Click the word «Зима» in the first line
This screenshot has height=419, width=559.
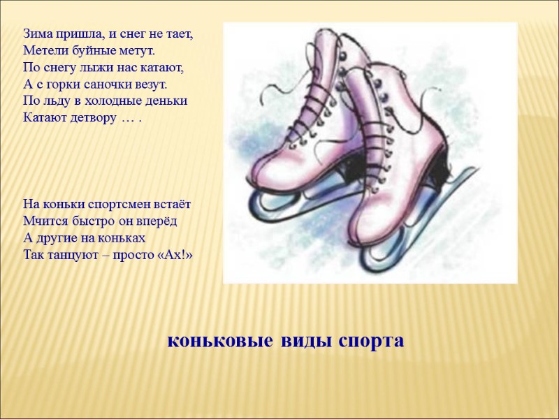[x=37, y=33]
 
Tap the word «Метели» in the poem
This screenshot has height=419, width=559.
[x=43, y=50]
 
